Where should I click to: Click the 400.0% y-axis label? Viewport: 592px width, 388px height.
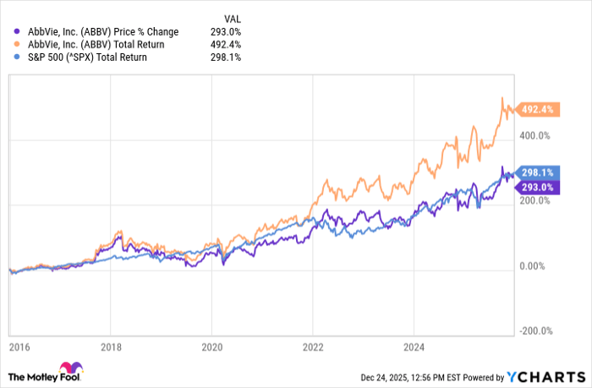(x=537, y=135)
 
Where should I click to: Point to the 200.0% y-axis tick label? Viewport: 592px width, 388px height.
(x=537, y=201)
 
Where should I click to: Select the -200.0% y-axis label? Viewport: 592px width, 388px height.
(x=536, y=331)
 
